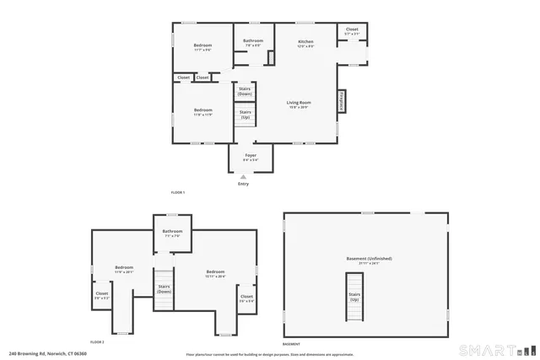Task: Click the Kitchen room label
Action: click(305, 42)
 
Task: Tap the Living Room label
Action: click(299, 103)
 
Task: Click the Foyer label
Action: click(251, 156)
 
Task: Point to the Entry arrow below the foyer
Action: click(244, 176)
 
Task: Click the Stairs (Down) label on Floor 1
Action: click(245, 91)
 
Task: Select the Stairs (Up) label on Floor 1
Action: click(245, 115)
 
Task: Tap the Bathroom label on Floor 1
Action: click(253, 41)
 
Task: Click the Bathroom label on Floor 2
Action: click(172, 232)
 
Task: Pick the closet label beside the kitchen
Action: click(352, 30)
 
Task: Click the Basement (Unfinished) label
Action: click(369, 259)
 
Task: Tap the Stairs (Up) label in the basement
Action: click(354, 298)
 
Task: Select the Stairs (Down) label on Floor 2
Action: click(163, 287)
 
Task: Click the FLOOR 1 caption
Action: click(177, 193)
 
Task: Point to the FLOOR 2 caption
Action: click(96, 342)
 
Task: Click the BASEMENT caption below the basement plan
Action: click(291, 342)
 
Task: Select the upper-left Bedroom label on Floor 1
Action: click(202, 46)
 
